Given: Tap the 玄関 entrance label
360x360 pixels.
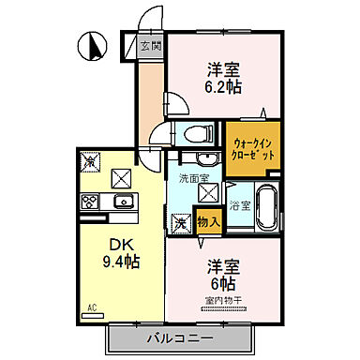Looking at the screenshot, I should (152, 45).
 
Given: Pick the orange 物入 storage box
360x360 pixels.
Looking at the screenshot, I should (209, 222).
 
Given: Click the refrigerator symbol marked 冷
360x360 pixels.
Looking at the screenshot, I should (91, 161).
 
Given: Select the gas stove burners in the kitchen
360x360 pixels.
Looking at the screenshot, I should (91, 201).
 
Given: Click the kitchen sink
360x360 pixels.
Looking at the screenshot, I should (123, 201).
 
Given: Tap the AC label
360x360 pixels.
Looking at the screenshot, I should (92, 307).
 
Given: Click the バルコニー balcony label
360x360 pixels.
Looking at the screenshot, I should (178, 337).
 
